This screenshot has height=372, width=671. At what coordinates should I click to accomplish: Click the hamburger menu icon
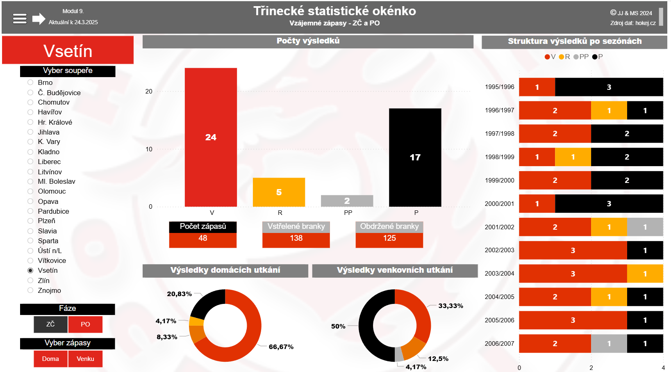pyautogui.click(x=20, y=18)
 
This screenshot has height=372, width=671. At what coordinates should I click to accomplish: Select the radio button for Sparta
pyautogui.click(x=30, y=241)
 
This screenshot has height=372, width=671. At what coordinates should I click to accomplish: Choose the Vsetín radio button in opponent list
pyautogui.click(x=30, y=270)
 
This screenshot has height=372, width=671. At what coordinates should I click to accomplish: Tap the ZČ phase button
pyautogui.click(x=50, y=324)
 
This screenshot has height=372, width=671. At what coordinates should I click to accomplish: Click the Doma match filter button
pyautogui.click(x=50, y=359)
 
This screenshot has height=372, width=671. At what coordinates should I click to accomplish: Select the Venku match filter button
pyautogui.click(x=85, y=359)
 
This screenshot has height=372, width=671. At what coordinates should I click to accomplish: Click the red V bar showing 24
pyautogui.click(x=211, y=137)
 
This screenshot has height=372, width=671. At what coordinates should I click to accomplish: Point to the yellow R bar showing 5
pyautogui.click(x=279, y=192)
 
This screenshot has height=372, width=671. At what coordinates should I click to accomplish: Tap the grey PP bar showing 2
pyautogui.click(x=347, y=201)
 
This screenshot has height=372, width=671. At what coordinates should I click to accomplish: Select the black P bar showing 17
pyautogui.click(x=415, y=157)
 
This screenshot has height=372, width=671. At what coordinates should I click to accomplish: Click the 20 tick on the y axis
pyautogui.click(x=149, y=91)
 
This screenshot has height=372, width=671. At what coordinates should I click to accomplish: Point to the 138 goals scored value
pyautogui.click(x=296, y=238)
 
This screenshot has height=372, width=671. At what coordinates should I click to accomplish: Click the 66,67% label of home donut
pyautogui.click(x=281, y=347)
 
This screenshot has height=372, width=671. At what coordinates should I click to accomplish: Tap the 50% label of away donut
pyautogui.click(x=338, y=326)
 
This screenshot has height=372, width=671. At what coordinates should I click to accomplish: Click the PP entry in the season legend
pyautogui.click(x=581, y=57)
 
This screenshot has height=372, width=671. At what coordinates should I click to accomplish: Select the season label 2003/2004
pyautogui.click(x=499, y=274)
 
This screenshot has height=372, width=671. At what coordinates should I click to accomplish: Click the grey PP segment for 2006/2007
pyautogui.click(x=609, y=344)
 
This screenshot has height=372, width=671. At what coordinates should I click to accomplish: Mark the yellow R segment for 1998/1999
pyautogui.click(x=573, y=157)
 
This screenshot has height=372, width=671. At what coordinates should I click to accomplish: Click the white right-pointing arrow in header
pyautogui.click(x=39, y=18)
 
